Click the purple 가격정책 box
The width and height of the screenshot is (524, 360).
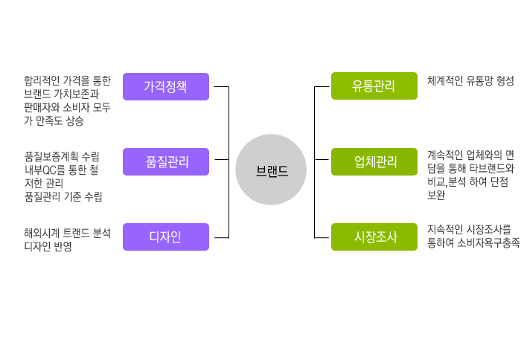click(x=165, y=86)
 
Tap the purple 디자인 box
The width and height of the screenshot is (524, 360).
click(x=165, y=237)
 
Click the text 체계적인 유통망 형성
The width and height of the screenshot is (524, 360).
click(x=470, y=80)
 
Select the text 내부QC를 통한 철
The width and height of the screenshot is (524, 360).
click(x=62, y=170)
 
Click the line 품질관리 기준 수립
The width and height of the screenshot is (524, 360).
click(x=63, y=196)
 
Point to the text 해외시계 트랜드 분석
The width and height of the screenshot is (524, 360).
click(x=67, y=233)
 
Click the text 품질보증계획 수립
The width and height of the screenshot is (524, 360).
click(x=62, y=156)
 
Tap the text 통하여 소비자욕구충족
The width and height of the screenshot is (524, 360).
click(x=473, y=242)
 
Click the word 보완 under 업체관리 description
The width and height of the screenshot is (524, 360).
click(x=436, y=195)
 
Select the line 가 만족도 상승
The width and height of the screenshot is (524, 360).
click(x=54, y=120)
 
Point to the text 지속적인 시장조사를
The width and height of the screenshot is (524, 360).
click(x=469, y=229)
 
